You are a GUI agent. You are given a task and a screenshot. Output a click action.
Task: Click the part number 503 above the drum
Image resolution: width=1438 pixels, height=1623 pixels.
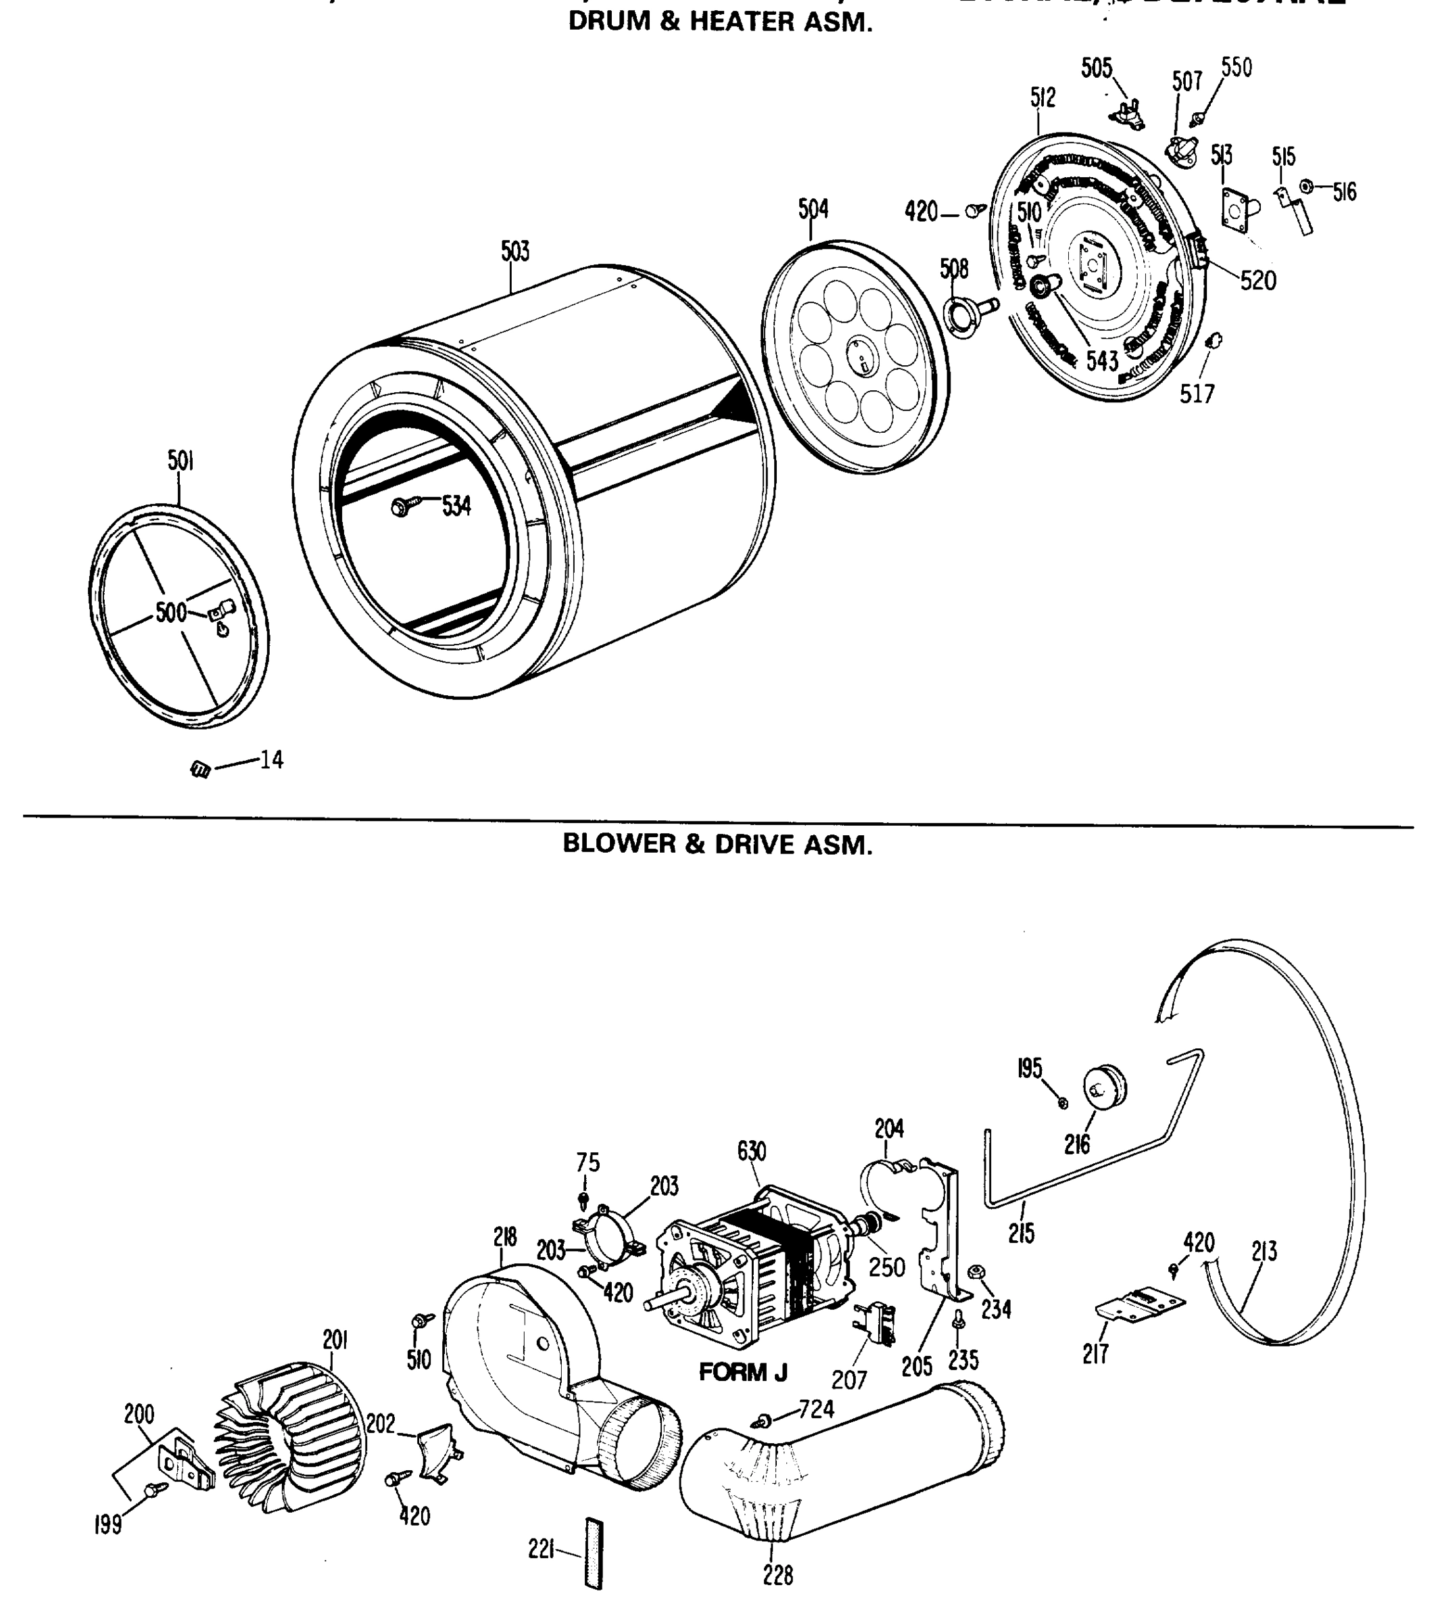(514, 252)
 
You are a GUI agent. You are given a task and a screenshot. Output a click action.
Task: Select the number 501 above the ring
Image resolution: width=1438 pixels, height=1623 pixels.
(181, 461)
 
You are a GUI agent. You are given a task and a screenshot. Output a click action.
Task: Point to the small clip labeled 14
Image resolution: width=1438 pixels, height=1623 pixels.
(201, 769)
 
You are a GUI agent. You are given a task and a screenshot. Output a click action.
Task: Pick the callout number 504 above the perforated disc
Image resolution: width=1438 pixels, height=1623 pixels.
(813, 209)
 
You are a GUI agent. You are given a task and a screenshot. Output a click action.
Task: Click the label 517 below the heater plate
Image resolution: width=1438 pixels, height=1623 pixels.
(1197, 393)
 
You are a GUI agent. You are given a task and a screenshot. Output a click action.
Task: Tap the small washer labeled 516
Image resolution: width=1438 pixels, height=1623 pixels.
(1305, 187)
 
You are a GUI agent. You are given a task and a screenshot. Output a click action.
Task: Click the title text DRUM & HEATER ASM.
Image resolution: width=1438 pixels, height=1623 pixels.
(720, 22)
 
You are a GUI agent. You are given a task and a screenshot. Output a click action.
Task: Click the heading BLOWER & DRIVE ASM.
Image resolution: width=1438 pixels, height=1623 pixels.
(717, 844)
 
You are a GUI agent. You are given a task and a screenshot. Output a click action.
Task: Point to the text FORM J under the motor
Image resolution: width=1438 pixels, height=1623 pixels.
(742, 1372)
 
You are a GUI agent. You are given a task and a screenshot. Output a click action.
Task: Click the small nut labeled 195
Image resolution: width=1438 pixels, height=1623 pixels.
(1064, 1103)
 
